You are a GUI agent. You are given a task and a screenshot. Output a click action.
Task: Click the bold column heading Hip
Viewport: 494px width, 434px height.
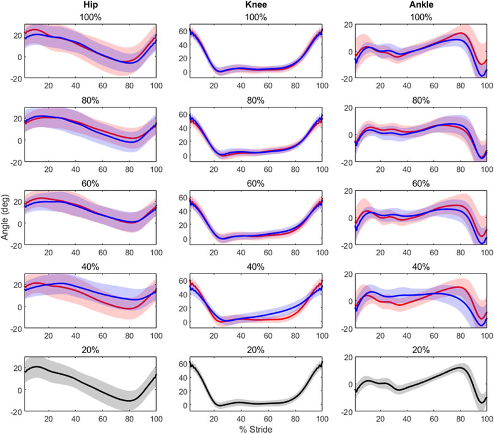click(x=89, y=6)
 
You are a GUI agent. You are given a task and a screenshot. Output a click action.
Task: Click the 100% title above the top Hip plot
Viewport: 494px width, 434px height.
click(x=89, y=18)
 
